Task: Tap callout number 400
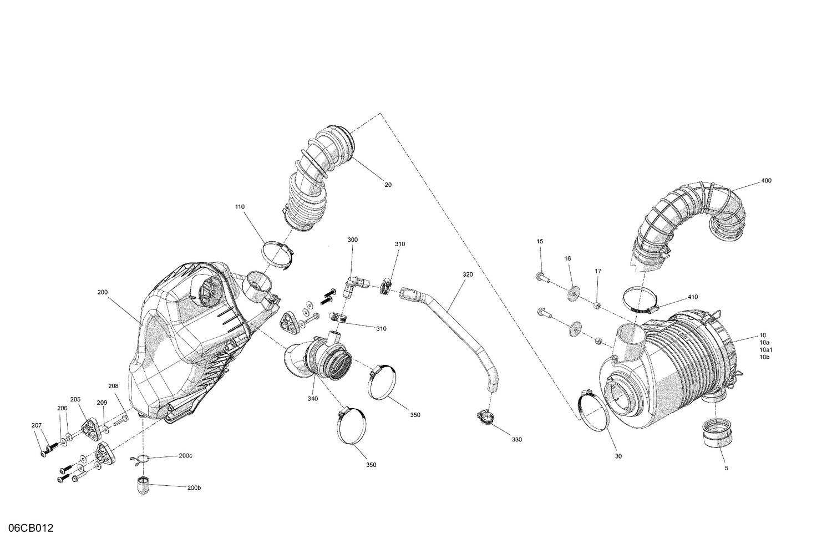point(766,181)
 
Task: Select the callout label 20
point(388,185)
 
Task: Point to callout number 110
point(239,207)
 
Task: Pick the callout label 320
point(467,274)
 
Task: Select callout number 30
point(618,456)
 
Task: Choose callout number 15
point(540,241)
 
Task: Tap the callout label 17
point(598,271)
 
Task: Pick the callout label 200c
point(186,456)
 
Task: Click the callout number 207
point(37,425)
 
